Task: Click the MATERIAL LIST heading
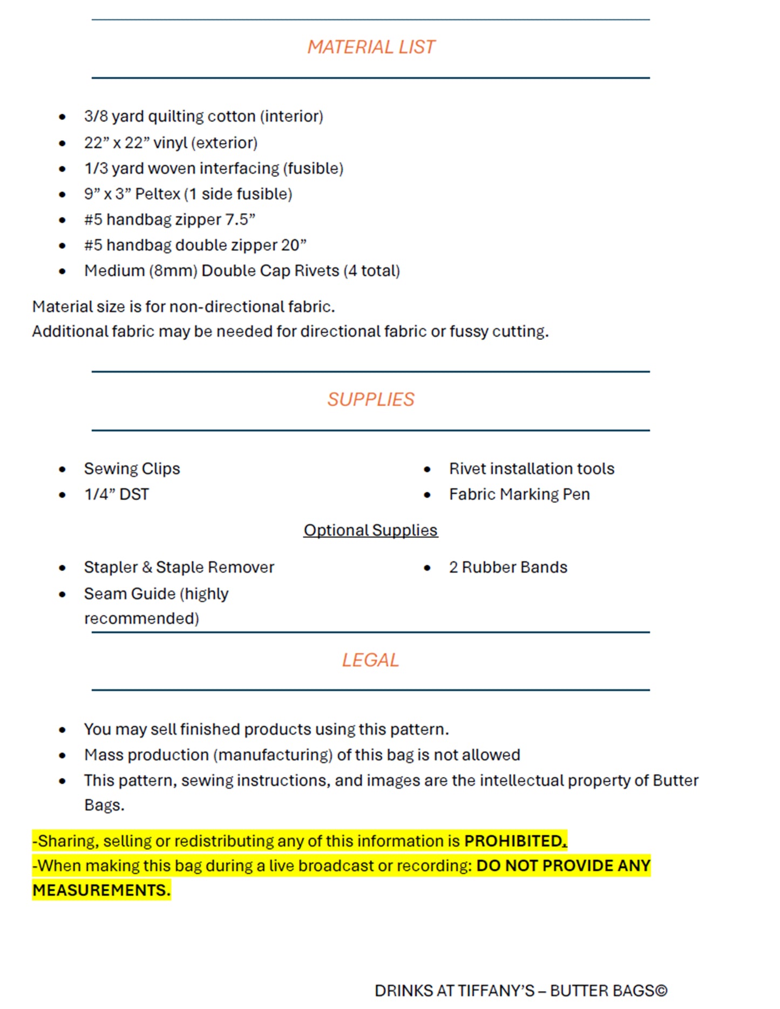371,47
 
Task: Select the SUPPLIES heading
371,400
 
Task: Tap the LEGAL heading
370,660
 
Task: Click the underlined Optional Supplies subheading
370,530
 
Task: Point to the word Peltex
158,194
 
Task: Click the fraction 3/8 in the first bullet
96,117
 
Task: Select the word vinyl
170,143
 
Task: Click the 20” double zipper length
294,246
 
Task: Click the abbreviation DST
134,495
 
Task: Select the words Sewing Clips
132,469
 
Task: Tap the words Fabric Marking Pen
519,495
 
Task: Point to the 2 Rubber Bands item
508,568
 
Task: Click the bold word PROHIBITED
514,841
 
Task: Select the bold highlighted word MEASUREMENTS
101,890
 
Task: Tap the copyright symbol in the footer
661,991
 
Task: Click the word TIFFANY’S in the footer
496,991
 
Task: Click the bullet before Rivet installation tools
428,469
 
